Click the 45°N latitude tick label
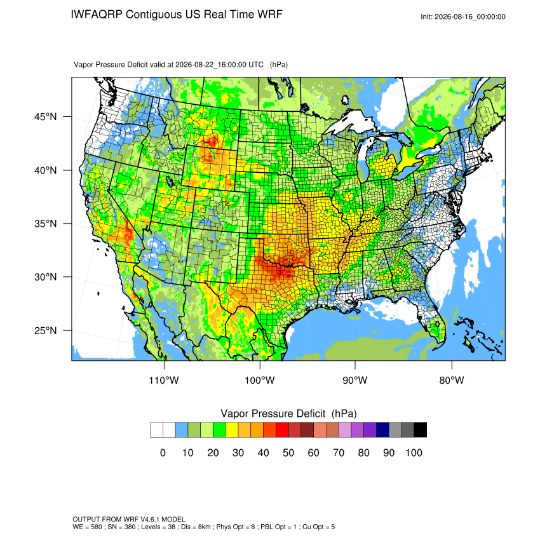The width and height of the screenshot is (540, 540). click(x=45, y=117)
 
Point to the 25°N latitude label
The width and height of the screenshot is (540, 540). click(x=45, y=330)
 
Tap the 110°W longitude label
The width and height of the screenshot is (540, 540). click(x=164, y=380)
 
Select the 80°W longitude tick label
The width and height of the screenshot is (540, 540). click(x=452, y=380)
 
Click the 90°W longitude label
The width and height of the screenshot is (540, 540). click(x=354, y=380)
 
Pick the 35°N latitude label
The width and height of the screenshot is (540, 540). click(x=45, y=224)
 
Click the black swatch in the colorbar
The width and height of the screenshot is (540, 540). click(x=421, y=430)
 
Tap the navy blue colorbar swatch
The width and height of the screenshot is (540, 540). click(x=382, y=430)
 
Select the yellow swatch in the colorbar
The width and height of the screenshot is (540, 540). click(x=232, y=430)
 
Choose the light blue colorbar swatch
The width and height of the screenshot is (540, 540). click(x=182, y=430)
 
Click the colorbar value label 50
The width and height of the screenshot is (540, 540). click(x=288, y=453)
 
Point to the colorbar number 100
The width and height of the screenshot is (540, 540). click(x=414, y=453)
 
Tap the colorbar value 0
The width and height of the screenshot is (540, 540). click(x=163, y=453)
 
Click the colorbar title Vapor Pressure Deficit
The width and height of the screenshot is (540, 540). click(x=273, y=414)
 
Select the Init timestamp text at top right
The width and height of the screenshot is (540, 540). click(x=463, y=17)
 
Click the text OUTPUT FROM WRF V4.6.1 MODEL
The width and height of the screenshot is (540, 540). click(x=129, y=519)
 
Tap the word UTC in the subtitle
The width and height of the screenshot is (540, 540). click(x=256, y=65)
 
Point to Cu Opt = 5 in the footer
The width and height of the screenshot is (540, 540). click(x=318, y=527)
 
